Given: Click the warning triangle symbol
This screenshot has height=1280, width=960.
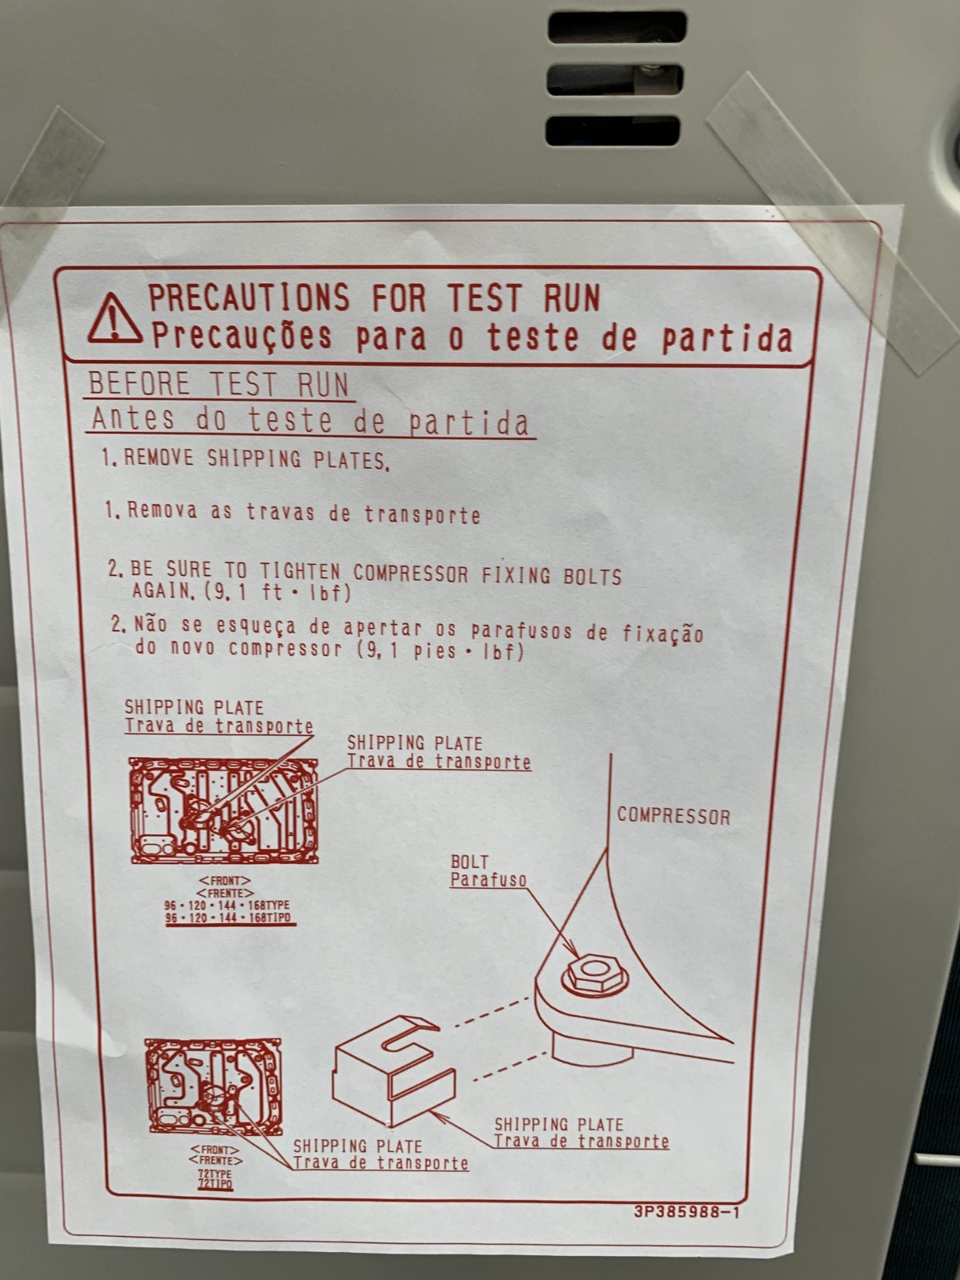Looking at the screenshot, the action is click(x=115, y=319).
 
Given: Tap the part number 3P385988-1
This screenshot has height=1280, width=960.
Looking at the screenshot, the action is click(x=686, y=1212).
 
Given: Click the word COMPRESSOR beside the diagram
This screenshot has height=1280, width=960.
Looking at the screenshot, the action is click(x=674, y=817).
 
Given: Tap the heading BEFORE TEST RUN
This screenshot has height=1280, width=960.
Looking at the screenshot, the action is click(x=218, y=384).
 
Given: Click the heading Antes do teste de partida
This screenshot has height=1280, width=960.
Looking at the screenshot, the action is click(x=310, y=421).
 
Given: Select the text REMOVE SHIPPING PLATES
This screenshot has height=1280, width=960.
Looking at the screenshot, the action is click(x=257, y=459).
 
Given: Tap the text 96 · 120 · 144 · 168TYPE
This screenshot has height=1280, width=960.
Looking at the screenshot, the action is click(x=227, y=906).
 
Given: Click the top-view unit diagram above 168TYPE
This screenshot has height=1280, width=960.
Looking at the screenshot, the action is click(x=224, y=810).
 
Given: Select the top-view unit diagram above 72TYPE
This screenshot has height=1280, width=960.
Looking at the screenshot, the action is click(x=213, y=1086).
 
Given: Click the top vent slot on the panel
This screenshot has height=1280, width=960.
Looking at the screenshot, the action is click(x=617, y=27).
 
